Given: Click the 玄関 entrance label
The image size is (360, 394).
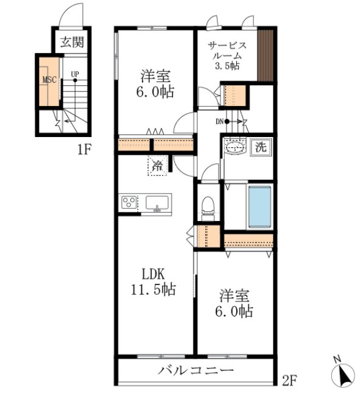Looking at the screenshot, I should tap(72, 42).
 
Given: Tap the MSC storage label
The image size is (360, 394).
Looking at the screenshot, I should tap(49, 79).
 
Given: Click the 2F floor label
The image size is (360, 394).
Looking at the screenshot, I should tap(289, 382).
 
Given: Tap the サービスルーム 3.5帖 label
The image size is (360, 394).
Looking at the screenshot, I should tap(227, 55).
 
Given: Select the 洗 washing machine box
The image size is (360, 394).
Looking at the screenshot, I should tap(261, 147).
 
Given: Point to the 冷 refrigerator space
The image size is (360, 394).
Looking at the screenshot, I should tap(157, 165).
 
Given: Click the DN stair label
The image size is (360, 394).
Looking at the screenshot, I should tap(220, 121).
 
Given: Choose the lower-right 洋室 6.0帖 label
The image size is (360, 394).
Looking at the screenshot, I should tap(236, 304).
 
